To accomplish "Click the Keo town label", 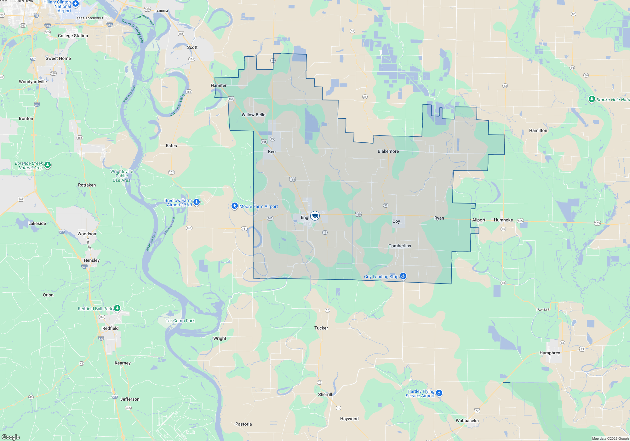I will [x=272, y=152].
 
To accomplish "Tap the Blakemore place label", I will [x=388, y=151].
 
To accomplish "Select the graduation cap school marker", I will [x=315, y=216].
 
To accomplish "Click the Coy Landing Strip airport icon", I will [x=403, y=276].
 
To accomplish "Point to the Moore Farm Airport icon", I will [x=234, y=206].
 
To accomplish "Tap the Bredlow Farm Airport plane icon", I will [x=197, y=202].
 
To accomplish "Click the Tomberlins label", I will [x=400, y=246].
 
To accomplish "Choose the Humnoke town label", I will [x=503, y=220].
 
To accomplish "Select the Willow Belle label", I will [x=253, y=115].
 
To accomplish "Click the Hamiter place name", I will [x=219, y=85].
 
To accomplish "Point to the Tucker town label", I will [x=321, y=328].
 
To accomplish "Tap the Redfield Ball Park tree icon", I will [x=117, y=308].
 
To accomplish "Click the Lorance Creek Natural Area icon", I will [x=48, y=165].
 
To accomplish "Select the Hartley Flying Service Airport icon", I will [x=439, y=393].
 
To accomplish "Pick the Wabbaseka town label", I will [x=467, y=421].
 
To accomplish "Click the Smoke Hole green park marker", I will [x=592, y=99].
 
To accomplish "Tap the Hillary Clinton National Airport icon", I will [x=76, y=4].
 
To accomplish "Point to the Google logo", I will [x=11, y=437].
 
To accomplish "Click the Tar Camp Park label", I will [x=180, y=321].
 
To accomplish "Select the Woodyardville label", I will [x=33, y=82].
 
